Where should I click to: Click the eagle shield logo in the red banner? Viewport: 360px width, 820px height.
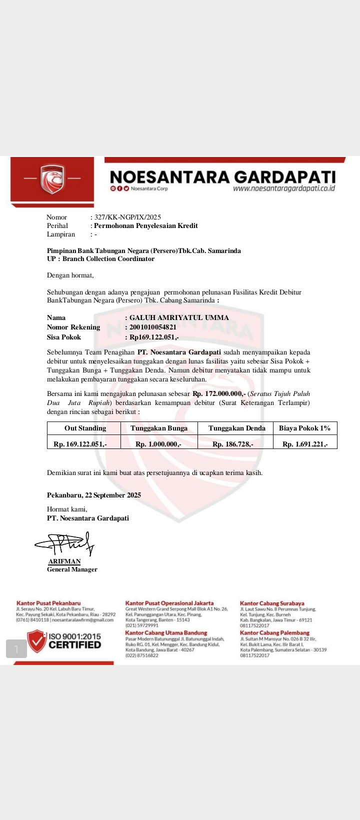coord(52,178)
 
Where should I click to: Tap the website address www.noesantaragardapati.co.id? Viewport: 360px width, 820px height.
coord(283,188)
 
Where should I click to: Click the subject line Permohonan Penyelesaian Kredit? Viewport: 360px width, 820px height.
coord(145,225)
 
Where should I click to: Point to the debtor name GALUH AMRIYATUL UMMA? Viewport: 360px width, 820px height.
coord(179,317)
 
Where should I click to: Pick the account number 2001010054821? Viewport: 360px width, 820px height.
coord(152,327)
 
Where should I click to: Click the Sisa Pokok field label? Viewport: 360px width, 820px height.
coord(64,337)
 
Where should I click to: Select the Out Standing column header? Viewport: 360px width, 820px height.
coord(85,428)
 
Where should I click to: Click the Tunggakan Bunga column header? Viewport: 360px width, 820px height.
coord(159,428)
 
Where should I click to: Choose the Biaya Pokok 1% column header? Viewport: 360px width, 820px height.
coord(304,428)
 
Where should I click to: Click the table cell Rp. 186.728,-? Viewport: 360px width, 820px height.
coord(232,444)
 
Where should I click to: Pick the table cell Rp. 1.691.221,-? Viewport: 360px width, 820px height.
coord(305,444)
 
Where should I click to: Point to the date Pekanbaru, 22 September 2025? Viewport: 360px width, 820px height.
coord(94,495)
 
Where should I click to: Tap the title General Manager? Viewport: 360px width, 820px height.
coord(72,569)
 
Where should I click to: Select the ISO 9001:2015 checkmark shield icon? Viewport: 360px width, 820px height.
coord(36,640)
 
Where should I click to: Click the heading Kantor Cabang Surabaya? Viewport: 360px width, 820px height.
coord(272,603)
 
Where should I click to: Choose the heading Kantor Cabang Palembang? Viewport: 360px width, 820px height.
coord(274,633)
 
